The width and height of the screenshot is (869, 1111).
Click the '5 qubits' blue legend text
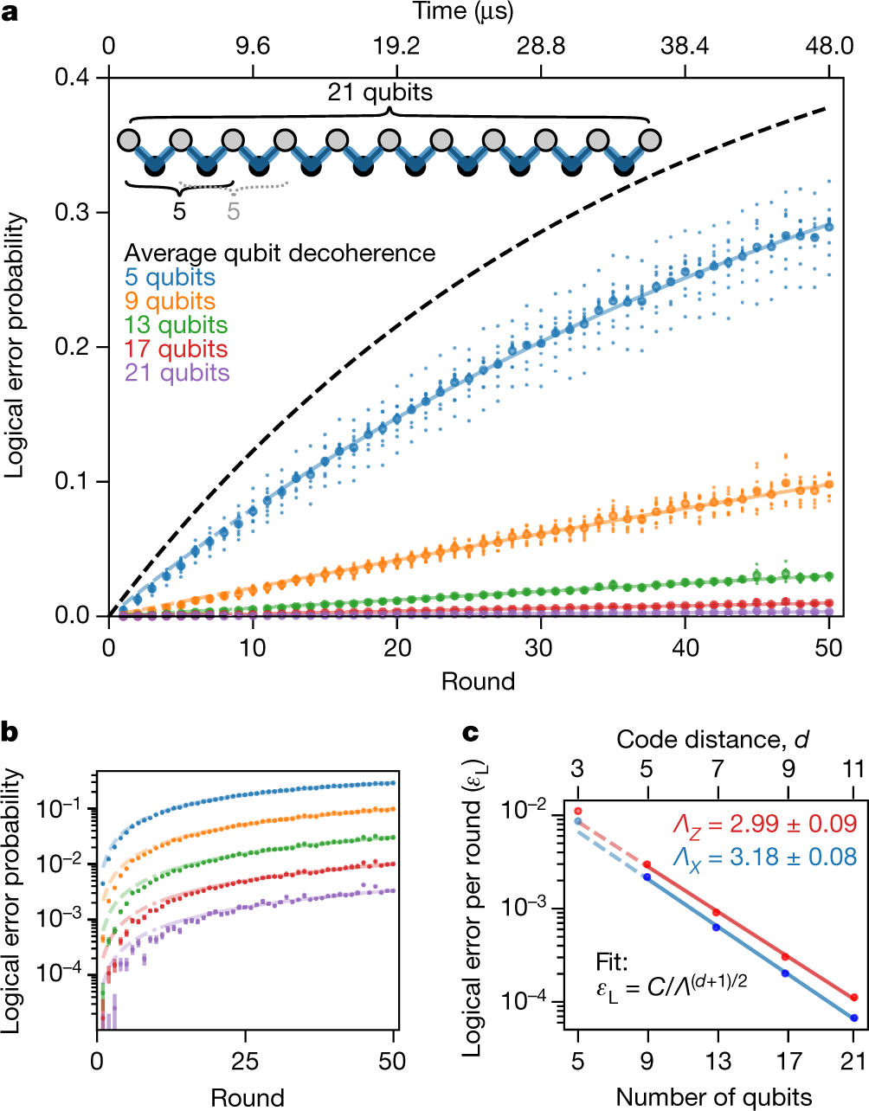(x=170, y=278)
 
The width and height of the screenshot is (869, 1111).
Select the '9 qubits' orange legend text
(x=170, y=302)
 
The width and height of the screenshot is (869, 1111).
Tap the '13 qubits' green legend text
(x=176, y=325)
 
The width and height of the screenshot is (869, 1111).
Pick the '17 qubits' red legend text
(x=176, y=350)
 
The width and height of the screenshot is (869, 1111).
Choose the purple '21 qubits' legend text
(x=177, y=374)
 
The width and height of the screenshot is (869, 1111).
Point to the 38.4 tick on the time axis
(x=685, y=46)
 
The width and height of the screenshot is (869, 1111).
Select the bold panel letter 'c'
(x=471, y=733)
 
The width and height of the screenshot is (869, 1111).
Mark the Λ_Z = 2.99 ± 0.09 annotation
(x=765, y=825)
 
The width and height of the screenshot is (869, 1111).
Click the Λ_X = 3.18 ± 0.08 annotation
(x=765, y=857)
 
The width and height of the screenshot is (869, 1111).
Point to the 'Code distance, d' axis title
(x=712, y=739)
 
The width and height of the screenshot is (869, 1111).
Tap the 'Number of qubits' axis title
(x=714, y=1097)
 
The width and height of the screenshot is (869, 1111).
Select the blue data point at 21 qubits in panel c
(x=854, y=1018)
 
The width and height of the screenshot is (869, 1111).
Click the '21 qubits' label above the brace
(x=380, y=93)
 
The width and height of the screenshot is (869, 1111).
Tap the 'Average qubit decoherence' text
(x=280, y=254)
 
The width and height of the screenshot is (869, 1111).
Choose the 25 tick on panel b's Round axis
(x=246, y=1062)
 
